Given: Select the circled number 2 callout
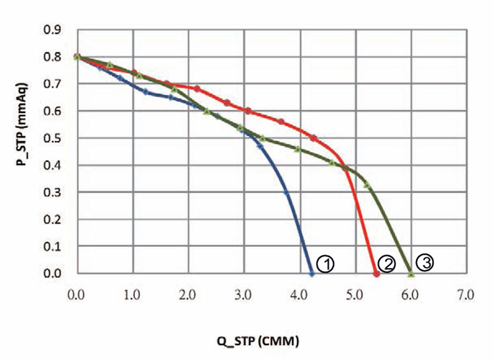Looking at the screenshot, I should coord(386,264).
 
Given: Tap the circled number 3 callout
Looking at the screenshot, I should coord(425,262).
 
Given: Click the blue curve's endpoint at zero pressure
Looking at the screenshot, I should coord(312,274).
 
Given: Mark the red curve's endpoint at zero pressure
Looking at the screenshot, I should coord(377,274).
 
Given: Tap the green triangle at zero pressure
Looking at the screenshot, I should coord(411,274).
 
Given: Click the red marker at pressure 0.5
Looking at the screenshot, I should coord(313,138).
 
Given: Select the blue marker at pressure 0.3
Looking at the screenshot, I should coord(287,192).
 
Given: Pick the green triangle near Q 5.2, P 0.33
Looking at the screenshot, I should coord(367,184).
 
